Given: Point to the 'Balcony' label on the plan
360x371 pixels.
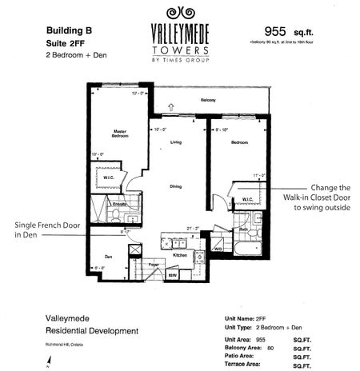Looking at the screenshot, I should [209, 100].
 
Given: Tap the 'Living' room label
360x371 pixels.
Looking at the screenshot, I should [178, 144].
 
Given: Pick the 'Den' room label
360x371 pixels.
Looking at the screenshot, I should [107, 257].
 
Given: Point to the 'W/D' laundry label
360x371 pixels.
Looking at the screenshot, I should [217, 249].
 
